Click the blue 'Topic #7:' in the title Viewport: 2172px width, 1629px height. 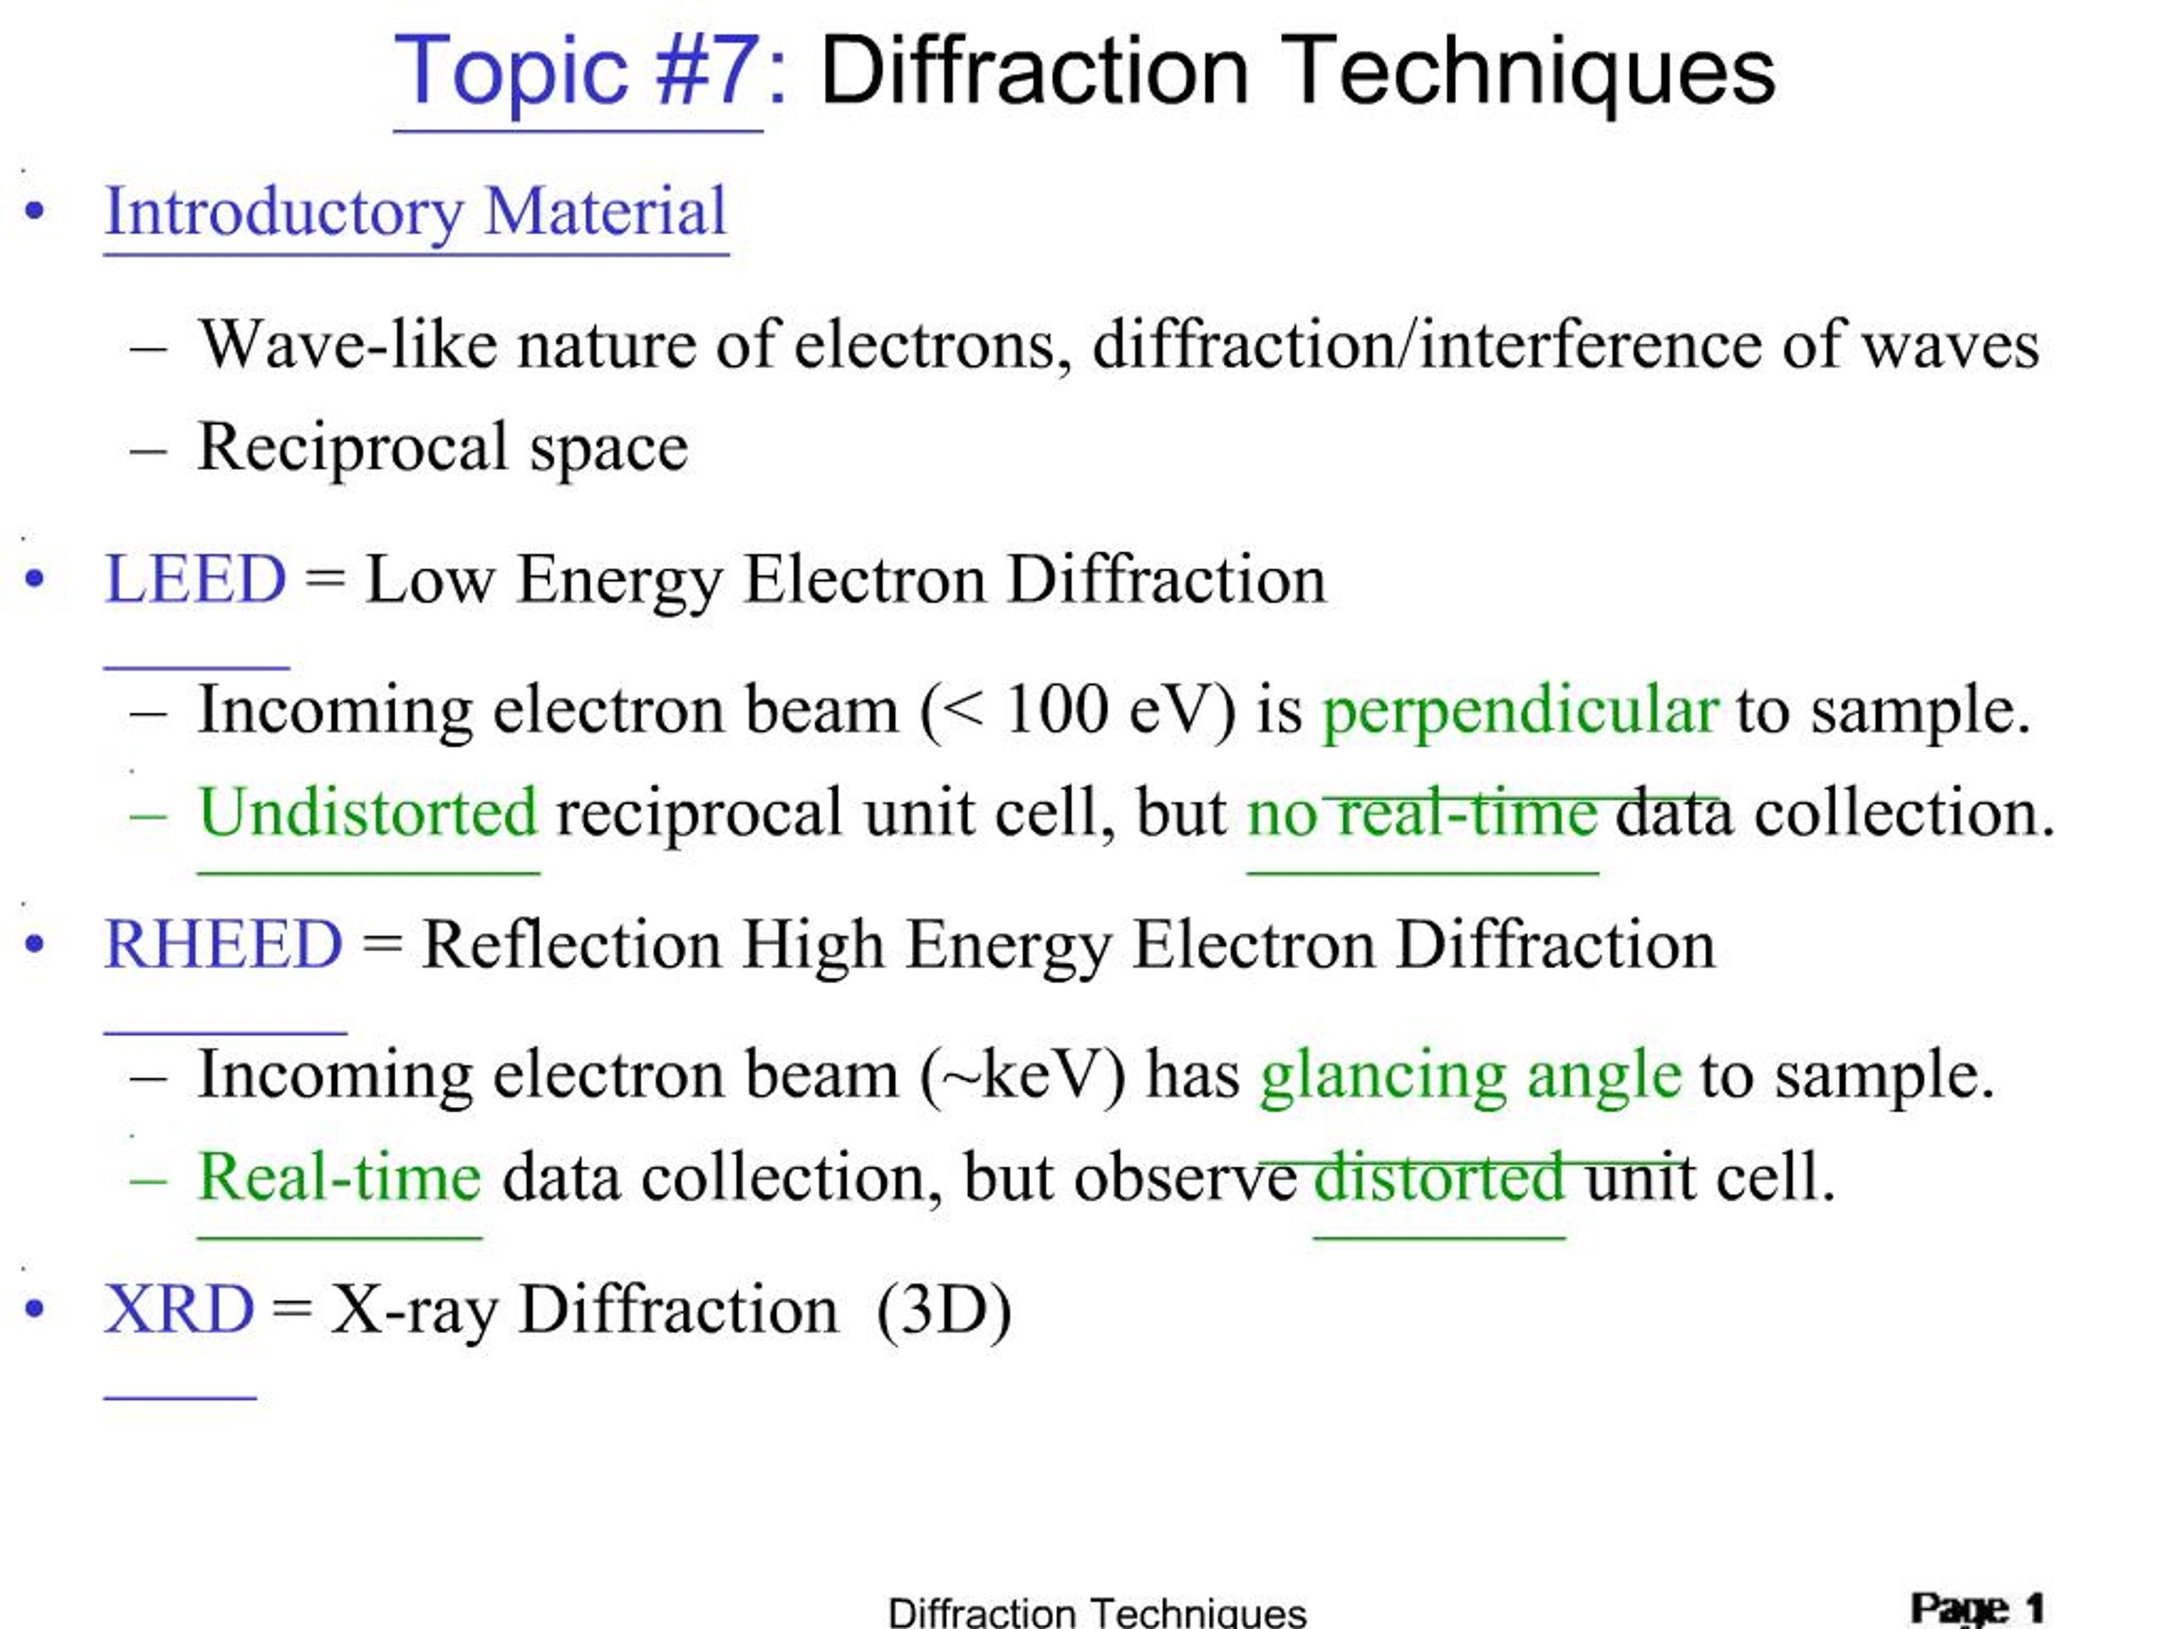589,70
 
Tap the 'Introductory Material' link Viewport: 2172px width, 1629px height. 416,211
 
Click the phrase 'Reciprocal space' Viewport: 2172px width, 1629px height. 443,448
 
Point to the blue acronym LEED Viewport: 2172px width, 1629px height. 195,579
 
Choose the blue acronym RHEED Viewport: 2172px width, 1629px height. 224,944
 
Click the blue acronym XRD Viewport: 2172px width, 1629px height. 179,1310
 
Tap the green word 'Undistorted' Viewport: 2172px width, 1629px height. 368,813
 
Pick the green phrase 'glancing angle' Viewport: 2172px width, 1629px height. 1470,1075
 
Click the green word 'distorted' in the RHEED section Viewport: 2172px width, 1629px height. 1438,1178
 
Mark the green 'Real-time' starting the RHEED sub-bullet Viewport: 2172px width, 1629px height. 339,1178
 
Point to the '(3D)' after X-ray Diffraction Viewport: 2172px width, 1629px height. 943,1310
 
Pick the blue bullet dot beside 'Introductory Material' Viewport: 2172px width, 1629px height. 36,211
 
